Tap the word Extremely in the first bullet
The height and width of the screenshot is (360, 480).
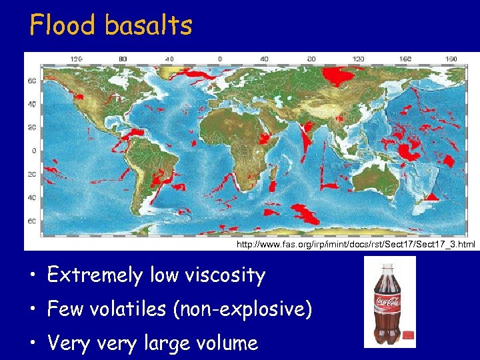[x=93, y=275]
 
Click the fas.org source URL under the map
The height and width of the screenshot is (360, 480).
[x=356, y=245]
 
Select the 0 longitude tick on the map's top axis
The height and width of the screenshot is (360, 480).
[x=220, y=59]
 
